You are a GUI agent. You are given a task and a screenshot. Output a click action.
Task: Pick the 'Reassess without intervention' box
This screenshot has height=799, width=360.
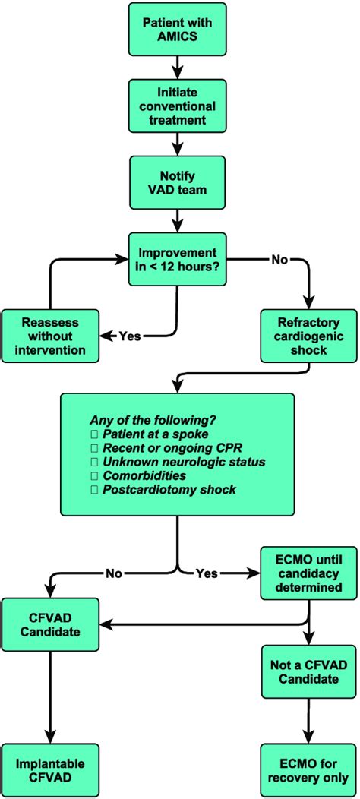tap(49, 334)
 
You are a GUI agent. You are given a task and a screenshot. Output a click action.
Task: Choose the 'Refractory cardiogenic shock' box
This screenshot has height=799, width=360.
tap(308, 334)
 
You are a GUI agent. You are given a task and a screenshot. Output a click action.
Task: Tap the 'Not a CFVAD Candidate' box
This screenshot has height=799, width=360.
tap(308, 671)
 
